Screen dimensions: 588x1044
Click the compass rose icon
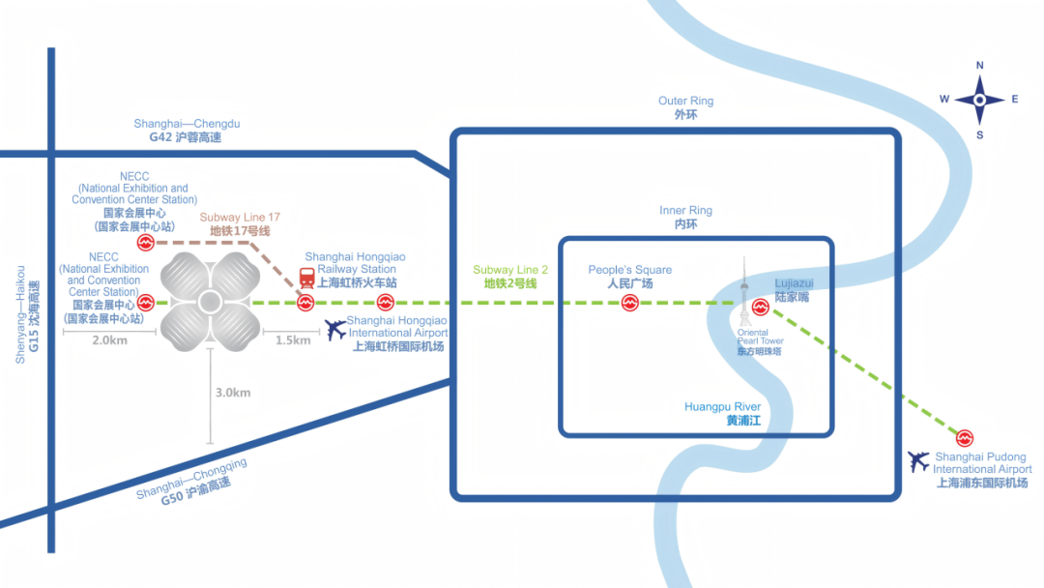(979, 100)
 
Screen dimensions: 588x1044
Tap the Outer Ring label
(685, 107)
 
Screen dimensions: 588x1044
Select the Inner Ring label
(685, 217)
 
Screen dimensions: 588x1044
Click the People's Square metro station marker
(629, 304)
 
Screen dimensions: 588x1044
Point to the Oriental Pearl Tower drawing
(744, 290)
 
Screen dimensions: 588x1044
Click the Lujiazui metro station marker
(759, 311)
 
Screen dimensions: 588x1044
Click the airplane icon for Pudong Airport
(918, 462)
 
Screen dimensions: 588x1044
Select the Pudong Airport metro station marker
(964, 438)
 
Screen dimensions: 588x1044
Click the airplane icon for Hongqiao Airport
(335, 330)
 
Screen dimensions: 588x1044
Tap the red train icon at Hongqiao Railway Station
(306, 279)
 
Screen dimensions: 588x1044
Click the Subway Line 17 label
(240, 224)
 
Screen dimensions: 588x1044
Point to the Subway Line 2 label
(510, 277)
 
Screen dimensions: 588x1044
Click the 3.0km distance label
(232, 393)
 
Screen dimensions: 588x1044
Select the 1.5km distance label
(292, 340)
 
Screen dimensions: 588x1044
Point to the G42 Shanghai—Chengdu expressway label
(187, 131)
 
